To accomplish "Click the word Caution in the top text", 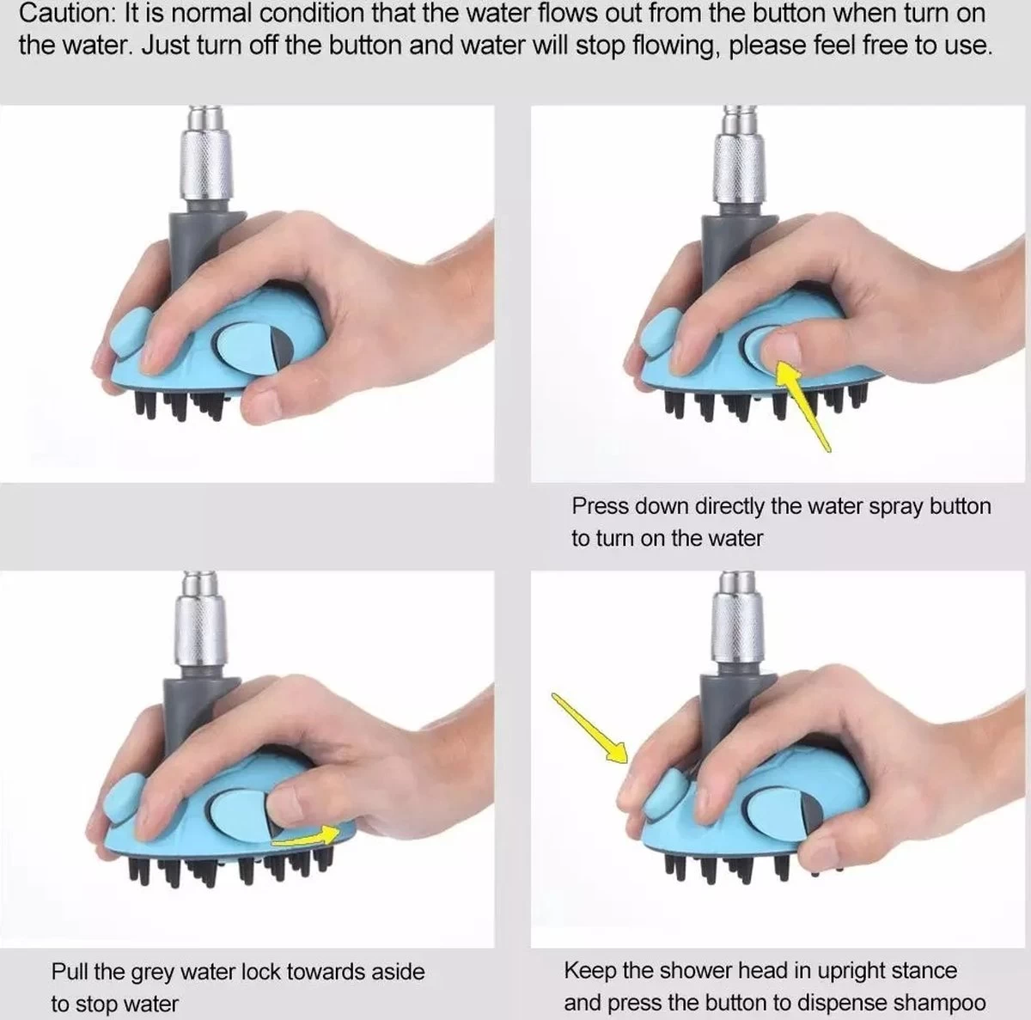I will [x=65, y=14].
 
